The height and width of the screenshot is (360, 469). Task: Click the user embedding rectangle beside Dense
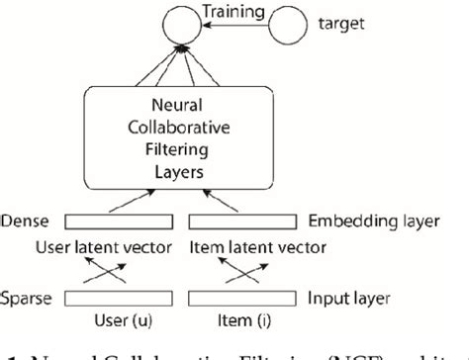pos(127,220)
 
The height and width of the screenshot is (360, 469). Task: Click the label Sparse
pos(27,296)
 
